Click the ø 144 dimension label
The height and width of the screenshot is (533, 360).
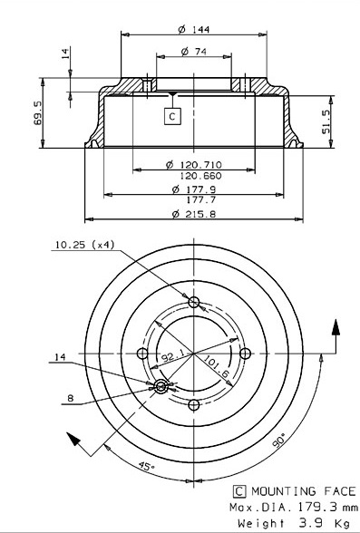(x=194, y=30)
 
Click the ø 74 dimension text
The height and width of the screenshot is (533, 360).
(x=194, y=52)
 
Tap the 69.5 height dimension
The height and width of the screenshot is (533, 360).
(x=38, y=112)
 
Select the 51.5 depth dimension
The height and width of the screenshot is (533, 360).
(x=326, y=121)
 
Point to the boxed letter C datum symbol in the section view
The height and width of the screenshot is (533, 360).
(x=172, y=116)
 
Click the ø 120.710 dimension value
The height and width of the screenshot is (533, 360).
(x=194, y=165)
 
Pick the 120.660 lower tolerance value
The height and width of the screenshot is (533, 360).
(x=200, y=176)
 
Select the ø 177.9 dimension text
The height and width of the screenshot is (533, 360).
(x=194, y=189)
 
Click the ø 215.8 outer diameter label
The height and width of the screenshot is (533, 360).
(x=194, y=214)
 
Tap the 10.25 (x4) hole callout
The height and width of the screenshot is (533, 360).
(x=85, y=245)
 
